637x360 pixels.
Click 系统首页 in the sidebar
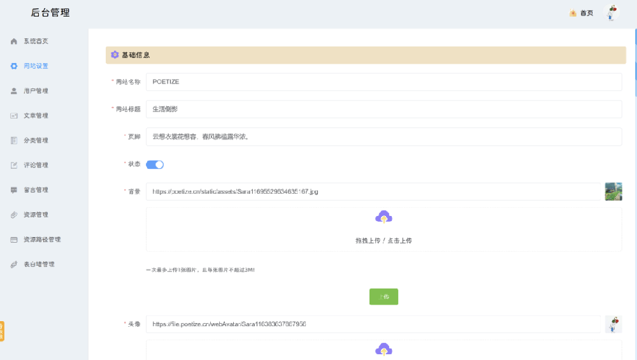tap(36, 41)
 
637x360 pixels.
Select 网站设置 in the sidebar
tap(36, 66)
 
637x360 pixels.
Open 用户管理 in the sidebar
tap(36, 91)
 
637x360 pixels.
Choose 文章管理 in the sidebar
tap(36, 116)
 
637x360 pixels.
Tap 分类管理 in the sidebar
tap(36, 141)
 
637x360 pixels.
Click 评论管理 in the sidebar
tap(36, 166)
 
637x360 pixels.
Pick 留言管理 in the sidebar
tap(36, 190)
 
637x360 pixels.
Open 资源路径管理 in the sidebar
tap(41, 240)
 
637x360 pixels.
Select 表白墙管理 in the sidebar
tap(39, 264)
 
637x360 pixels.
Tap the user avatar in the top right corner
tap(612, 12)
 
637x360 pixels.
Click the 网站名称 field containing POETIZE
tap(383, 82)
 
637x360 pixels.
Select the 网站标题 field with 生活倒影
tap(383, 110)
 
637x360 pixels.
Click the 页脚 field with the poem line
tap(383, 137)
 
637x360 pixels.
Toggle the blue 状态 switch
tap(155, 165)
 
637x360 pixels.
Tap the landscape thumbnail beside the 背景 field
tap(613, 192)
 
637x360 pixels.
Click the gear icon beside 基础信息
tap(115, 55)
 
